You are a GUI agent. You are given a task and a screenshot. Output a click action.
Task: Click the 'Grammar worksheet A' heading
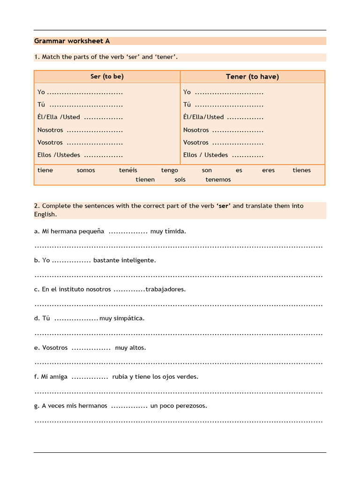point(72,41)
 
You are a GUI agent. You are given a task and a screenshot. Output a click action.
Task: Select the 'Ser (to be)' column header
point(107,76)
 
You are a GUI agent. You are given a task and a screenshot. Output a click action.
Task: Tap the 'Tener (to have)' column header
point(252,77)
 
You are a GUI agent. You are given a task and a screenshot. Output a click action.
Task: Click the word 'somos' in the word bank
point(86,170)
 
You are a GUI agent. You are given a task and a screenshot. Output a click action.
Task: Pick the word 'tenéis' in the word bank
point(128,170)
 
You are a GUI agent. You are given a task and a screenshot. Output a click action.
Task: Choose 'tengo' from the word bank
point(170,170)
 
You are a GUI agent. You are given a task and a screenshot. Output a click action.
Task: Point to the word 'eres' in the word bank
point(269,170)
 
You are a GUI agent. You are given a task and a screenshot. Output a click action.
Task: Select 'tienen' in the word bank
point(145,180)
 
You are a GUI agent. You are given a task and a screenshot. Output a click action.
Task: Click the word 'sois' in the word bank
point(180,180)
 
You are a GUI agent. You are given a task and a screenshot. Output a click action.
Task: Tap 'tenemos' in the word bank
point(218,180)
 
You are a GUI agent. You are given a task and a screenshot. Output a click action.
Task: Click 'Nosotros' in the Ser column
point(50,130)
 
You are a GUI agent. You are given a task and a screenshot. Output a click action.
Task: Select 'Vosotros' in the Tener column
point(196,142)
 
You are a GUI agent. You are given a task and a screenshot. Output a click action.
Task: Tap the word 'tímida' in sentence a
point(175,231)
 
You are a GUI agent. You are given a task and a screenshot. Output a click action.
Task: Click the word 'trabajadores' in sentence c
point(165,289)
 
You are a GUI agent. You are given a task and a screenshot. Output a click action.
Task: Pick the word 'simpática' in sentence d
point(129,318)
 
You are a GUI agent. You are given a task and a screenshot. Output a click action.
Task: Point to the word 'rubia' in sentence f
point(120,376)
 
